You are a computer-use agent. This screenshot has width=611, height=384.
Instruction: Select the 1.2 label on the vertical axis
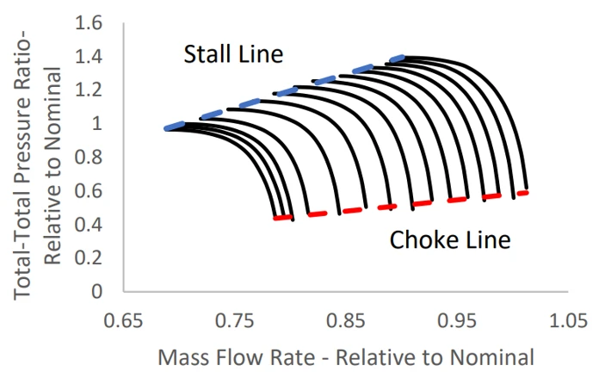90,90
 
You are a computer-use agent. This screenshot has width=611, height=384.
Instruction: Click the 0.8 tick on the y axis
90,157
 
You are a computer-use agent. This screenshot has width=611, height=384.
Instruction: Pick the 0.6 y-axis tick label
90,190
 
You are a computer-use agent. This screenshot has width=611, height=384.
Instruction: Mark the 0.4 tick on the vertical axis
90,224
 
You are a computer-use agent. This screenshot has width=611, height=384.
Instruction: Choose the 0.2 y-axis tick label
90,257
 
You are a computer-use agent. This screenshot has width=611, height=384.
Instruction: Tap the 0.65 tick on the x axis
123,320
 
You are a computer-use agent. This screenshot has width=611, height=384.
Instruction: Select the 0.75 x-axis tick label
234,320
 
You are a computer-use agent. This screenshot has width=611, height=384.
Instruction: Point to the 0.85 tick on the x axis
345,320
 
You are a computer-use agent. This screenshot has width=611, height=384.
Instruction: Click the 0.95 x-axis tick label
456,320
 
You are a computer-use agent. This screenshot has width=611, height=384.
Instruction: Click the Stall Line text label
233,55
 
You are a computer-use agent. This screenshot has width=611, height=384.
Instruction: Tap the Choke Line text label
450,239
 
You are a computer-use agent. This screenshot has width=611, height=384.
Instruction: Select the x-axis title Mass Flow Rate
344,356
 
